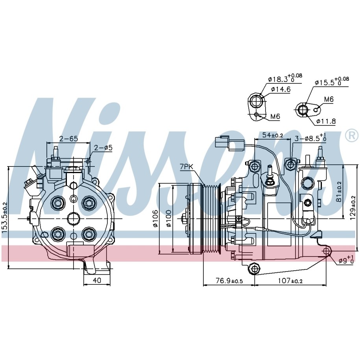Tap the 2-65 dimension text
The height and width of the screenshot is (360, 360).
point(68,138)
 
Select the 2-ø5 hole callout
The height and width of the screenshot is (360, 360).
point(103,148)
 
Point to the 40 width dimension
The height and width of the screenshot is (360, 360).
point(97,280)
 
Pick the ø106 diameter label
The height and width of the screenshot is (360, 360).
point(155,218)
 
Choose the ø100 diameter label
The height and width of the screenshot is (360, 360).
point(169,218)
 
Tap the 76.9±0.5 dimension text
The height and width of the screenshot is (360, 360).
point(229,281)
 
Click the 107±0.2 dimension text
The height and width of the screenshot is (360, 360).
point(290,281)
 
